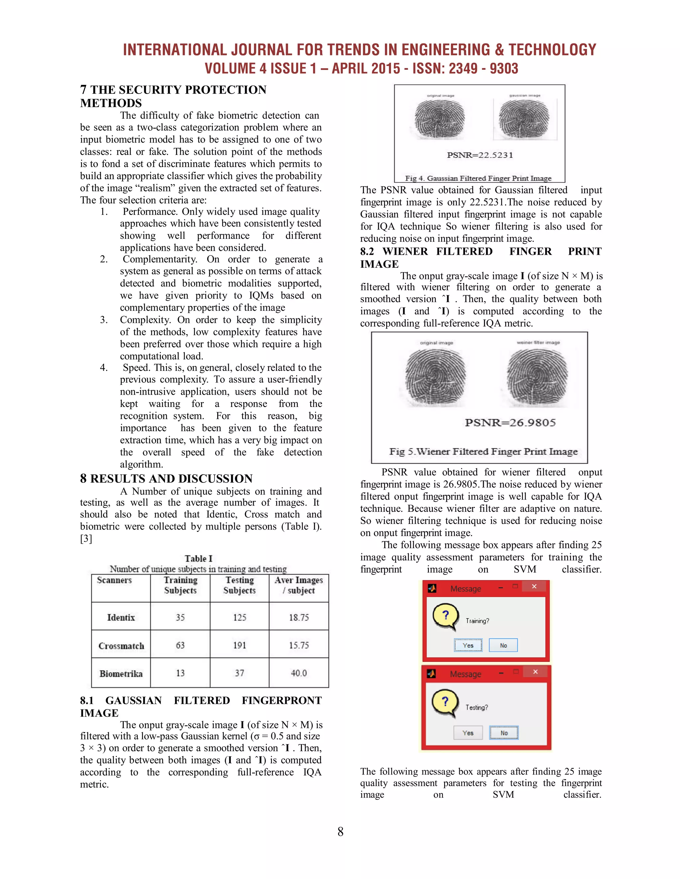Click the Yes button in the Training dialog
(x=468, y=645)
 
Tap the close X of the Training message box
(x=534, y=586)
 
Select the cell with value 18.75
(x=298, y=617)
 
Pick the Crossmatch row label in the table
(x=121, y=645)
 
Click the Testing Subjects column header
(x=239, y=585)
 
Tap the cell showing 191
(x=239, y=645)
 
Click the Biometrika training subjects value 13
(x=180, y=673)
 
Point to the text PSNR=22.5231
(x=480, y=155)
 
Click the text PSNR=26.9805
(x=510, y=423)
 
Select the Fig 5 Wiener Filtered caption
(x=483, y=451)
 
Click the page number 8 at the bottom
(x=340, y=832)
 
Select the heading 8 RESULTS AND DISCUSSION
(x=166, y=479)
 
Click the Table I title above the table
(x=198, y=558)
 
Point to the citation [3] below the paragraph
(x=86, y=538)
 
